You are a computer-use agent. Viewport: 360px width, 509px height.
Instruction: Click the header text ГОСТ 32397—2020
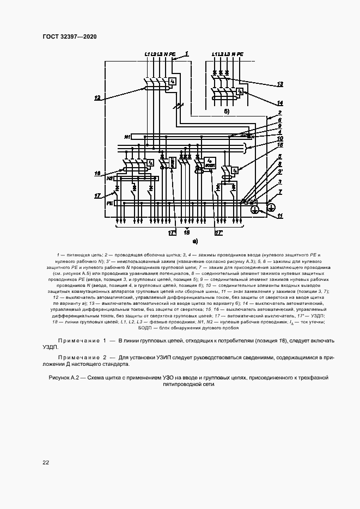coord(69,36)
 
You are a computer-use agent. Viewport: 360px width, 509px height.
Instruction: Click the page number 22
coord(46,462)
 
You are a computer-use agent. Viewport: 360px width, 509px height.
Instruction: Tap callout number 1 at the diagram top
coord(187,53)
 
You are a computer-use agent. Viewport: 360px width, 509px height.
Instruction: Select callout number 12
coord(97,98)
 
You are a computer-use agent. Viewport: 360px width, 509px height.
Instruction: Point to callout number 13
coord(279,84)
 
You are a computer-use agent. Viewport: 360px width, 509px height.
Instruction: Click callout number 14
coord(279,102)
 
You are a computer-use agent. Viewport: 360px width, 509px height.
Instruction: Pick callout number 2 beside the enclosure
coord(279,113)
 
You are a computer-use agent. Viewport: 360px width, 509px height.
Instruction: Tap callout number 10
coord(279,138)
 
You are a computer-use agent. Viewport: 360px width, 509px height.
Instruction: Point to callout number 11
coord(280,216)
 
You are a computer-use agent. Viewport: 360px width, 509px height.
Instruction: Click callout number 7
coord(280,192)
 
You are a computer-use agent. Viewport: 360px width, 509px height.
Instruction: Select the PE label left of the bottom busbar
coord(109,203)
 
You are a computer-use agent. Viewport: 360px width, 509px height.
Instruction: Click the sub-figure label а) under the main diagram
coord(194,240)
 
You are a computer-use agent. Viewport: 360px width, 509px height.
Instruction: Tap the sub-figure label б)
coord(227,111)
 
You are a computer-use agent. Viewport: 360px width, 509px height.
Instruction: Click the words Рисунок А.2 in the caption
coord(66,377)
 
